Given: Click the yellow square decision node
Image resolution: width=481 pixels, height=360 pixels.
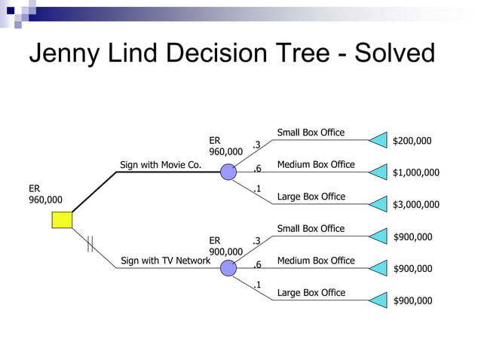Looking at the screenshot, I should click(x=62, y=219).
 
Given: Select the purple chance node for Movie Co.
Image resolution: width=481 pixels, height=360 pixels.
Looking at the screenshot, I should click(x=228, y=172).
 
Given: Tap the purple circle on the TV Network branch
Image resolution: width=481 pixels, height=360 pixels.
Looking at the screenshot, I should click(x=228, y=268).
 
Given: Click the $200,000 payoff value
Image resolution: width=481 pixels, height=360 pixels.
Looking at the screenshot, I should click(x=412, y=141).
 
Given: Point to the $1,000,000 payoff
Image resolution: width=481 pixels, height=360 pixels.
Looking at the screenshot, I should click(x=415, y=172).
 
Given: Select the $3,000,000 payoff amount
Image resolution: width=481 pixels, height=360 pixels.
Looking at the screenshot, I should click(x=415, y=204).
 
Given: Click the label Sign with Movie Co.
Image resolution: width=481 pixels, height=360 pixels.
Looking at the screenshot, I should click(x=161, y=165).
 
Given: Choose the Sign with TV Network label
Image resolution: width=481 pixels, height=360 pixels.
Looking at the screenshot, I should click(x=165, y=261).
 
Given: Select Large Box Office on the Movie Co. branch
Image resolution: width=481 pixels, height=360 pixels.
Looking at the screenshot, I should click(x=311, y=197).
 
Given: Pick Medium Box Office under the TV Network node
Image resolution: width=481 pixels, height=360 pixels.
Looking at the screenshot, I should click(x=316, y=261).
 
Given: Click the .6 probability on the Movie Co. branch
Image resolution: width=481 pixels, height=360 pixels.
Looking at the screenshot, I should click(x=257, y=169).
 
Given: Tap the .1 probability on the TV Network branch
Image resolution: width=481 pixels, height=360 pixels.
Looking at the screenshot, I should click(x=257, y=285).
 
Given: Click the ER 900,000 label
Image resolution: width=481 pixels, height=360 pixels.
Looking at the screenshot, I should click(x=225, y=246).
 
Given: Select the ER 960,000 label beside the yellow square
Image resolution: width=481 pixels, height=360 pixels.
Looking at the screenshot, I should click(x=45, y=194).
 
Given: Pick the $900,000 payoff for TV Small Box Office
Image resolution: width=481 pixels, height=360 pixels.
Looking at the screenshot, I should click(x=412, y=237).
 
